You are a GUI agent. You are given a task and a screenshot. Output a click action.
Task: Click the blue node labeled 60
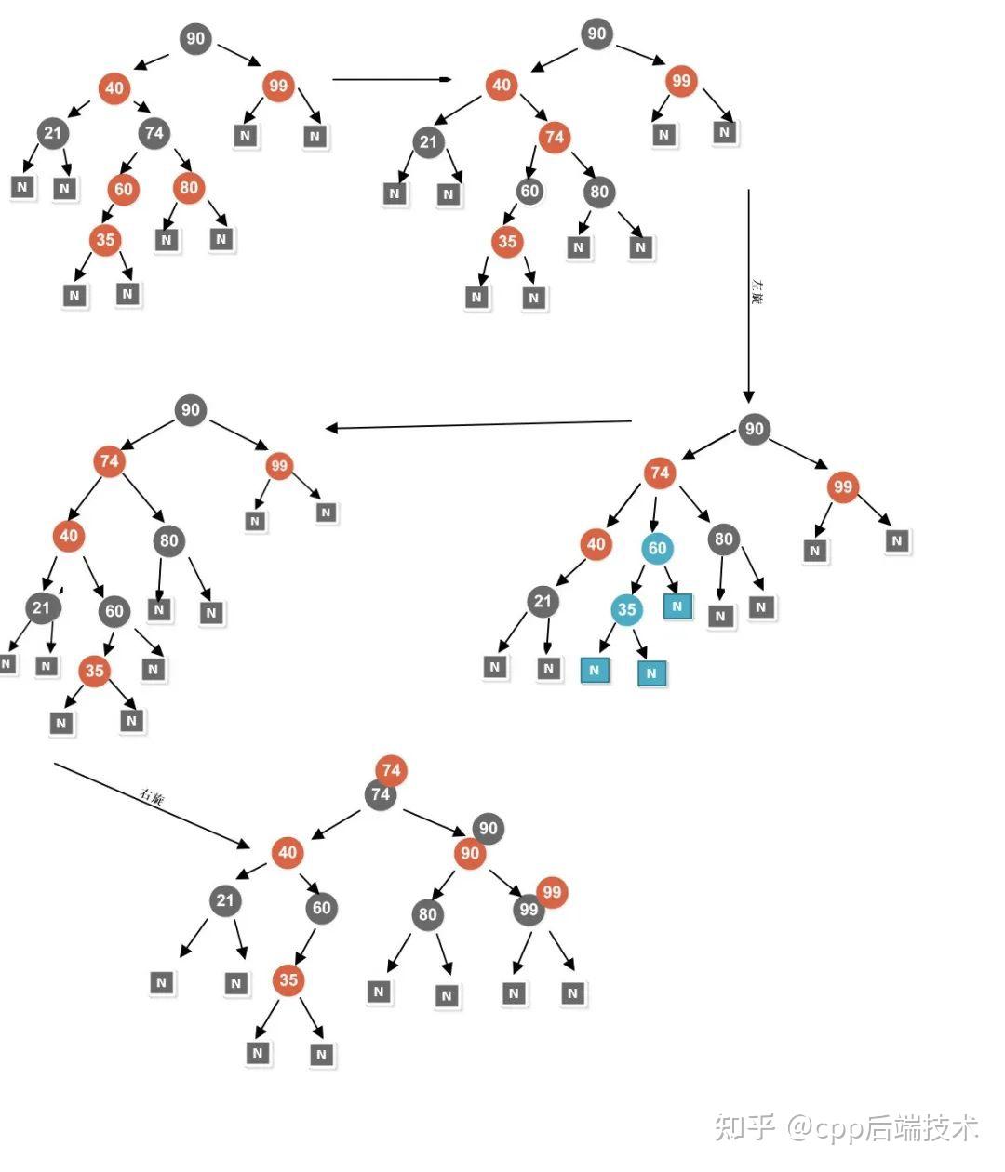(657, 548)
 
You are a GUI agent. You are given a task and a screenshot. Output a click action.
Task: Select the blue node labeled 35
(626, 609)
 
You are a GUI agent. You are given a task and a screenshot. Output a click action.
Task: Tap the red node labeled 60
(123, 190)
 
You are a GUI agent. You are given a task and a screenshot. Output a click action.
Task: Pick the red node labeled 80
(189, 188)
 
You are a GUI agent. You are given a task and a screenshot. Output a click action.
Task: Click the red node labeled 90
(470, 853)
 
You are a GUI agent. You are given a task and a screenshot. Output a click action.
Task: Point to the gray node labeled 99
(528, 909)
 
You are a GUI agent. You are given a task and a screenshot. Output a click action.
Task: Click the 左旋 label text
(757, 290)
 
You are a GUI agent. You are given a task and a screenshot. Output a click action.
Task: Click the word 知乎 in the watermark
(744, 1127)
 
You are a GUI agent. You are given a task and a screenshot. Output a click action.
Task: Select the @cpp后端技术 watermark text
(884, 1127)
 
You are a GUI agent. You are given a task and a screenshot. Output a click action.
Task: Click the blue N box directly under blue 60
(677, 606)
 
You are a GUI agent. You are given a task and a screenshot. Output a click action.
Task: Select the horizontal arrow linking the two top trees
(391, 80)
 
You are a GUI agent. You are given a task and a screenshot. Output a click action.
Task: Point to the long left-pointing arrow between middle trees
(479, 425)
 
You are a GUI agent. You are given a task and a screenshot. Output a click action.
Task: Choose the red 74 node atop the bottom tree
(391, 769)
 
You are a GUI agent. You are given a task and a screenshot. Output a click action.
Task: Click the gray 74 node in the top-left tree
(154, 133)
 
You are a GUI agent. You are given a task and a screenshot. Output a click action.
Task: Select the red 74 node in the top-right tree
(554, 138)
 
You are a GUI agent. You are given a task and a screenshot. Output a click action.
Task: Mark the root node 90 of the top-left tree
(194, 38)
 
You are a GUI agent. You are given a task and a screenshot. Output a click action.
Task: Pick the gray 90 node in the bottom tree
(489, 828)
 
